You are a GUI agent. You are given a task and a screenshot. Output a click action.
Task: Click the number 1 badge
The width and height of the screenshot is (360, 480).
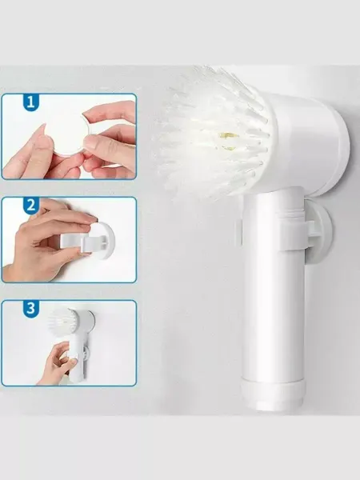point(31,102)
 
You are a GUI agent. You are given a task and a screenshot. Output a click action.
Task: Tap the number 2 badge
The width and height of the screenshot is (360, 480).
point(31,206)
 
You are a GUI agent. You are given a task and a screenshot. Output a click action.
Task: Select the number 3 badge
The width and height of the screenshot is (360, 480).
point(31,309)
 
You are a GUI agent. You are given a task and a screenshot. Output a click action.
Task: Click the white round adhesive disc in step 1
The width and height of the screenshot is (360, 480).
point(70,134)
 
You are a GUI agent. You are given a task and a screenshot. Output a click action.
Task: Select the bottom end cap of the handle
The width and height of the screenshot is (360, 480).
point(273,395)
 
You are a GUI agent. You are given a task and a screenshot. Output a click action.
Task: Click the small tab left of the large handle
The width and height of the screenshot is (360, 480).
point(239,234)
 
